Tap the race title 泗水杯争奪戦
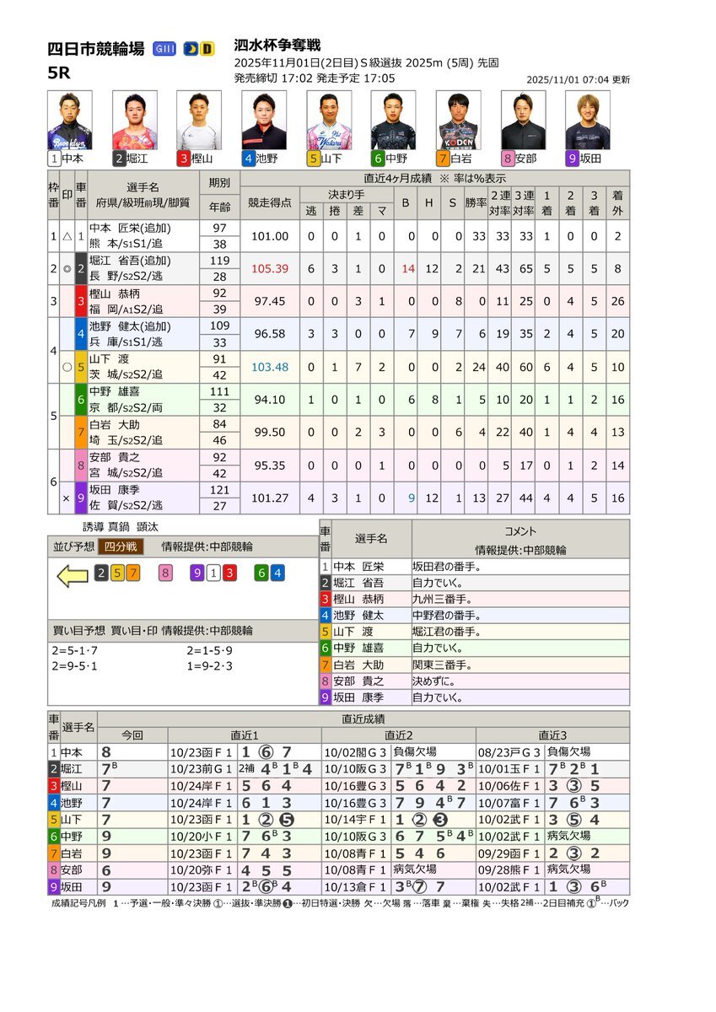coord(277,46)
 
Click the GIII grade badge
coord(165,49)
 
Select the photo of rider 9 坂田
coord(588,121)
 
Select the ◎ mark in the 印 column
coord(67,268)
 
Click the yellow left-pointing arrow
coord(72,575)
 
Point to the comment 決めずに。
coord(435,681)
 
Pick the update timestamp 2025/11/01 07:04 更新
coord(578,80)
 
